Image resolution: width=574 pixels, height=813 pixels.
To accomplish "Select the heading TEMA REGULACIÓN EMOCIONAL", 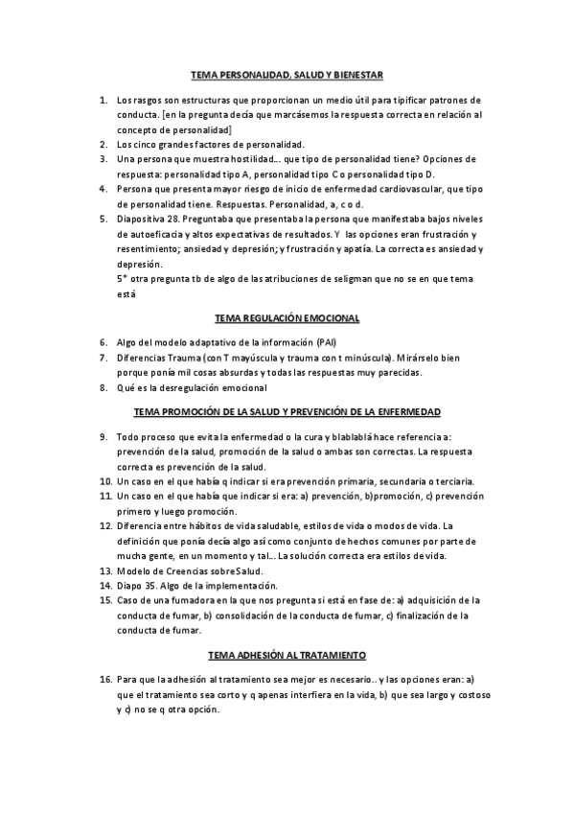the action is [x=287, y=316].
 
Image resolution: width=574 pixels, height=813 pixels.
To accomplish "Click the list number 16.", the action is [x=104, y=679].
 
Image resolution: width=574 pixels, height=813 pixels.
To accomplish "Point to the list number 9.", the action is [x=104, y=436].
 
